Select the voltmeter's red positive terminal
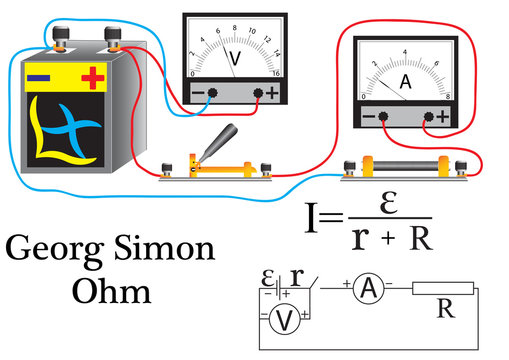pos(262,93)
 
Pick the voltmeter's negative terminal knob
pos(212,93)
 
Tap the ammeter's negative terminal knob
pos(383,117)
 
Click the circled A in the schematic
pos(369,289)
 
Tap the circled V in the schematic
pos(284,320)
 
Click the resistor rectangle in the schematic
pos(443,289)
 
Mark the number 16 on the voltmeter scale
pos(273,73)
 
